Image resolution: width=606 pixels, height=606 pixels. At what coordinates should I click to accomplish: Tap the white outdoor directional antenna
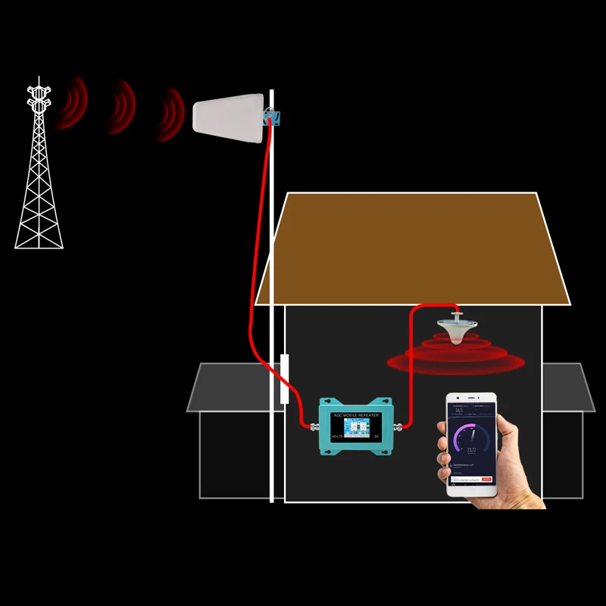227,120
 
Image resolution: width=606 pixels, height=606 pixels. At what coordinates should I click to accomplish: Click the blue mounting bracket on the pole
271,117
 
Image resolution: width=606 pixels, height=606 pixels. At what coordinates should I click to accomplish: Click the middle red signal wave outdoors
123,108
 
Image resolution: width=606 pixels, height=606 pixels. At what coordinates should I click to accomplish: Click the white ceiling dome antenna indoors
458,330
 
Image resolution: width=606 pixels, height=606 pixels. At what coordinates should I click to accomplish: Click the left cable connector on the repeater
313,425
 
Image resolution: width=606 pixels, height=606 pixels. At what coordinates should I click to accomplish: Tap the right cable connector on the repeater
399,425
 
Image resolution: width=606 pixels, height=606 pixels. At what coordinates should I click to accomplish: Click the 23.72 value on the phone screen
471,449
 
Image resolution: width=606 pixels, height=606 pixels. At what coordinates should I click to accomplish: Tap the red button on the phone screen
486,479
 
